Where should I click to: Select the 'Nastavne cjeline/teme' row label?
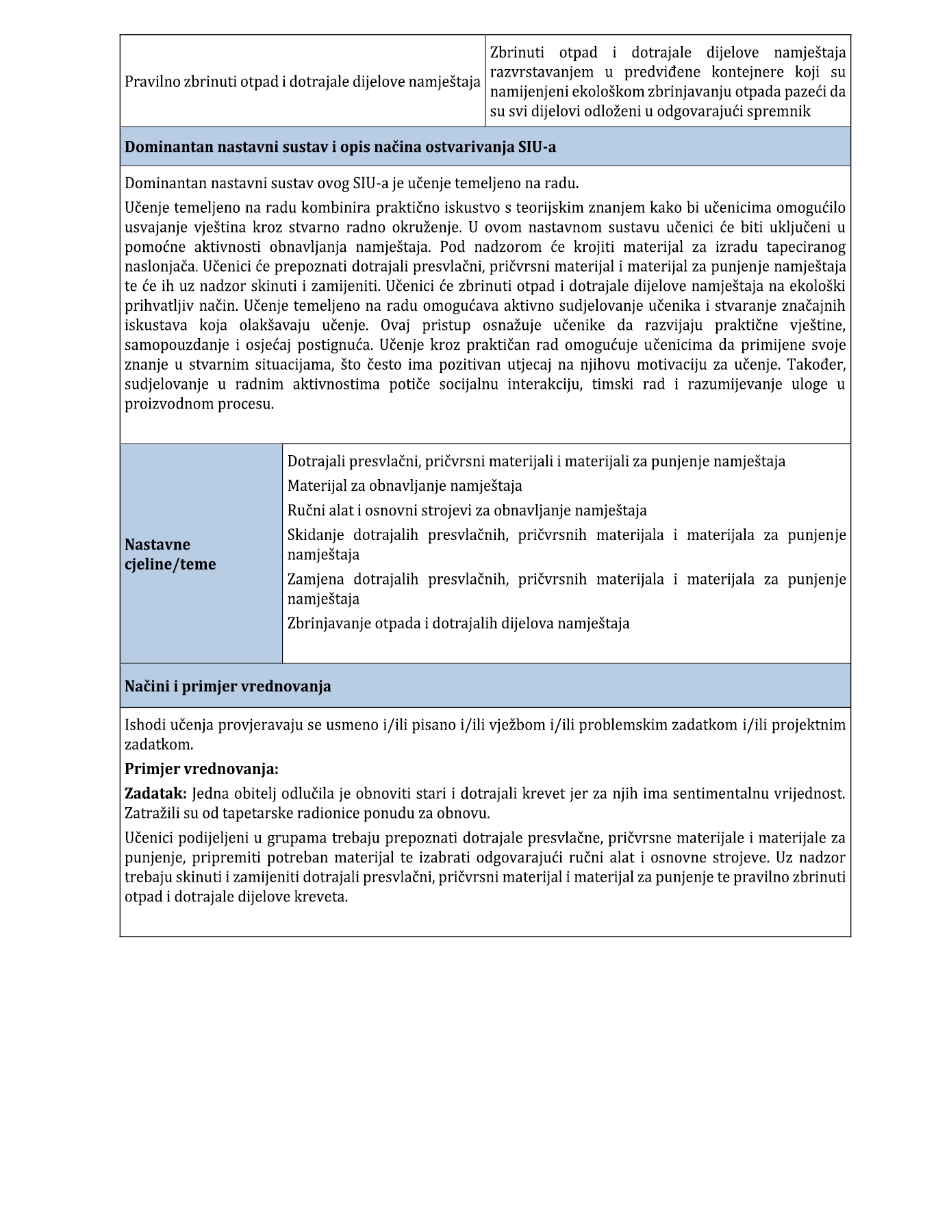(x=170, y=554)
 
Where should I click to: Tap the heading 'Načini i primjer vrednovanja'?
(x=228, y=687)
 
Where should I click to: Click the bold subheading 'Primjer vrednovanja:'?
(x=201, y=769)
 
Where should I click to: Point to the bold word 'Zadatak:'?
(x=155, y=794)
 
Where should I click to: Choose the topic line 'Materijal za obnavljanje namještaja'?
(x=405, y=486)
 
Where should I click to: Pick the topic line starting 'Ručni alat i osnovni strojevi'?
(x=467, y=511)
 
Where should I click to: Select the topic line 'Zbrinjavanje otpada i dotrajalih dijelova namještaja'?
(x=458, y=624)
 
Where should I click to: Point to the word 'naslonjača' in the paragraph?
(x=160, y=266)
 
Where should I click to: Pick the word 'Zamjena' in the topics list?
(x=316, y=580)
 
